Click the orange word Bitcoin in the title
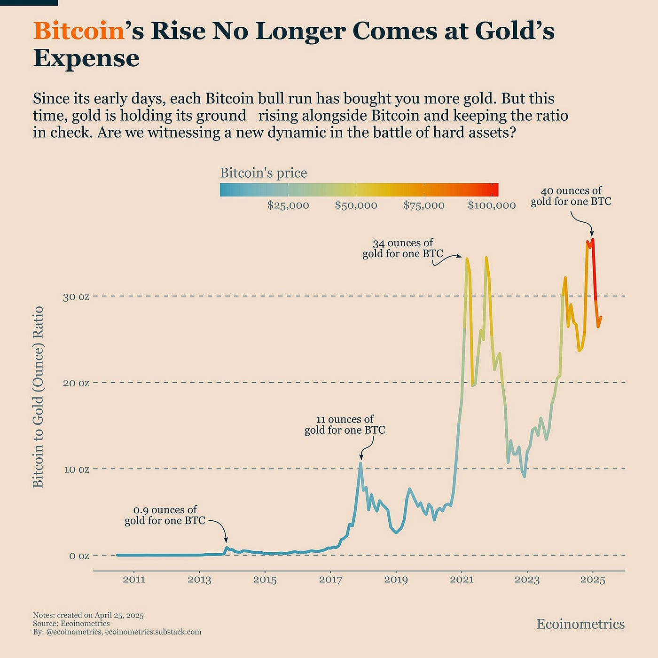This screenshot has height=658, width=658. point(78,31)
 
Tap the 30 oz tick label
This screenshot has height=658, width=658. point(76,297)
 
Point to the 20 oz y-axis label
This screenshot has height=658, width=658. point(76,383)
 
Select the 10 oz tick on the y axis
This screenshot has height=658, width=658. point(76,470)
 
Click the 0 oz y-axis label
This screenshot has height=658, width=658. point(79,556)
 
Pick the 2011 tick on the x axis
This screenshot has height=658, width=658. point(134,580)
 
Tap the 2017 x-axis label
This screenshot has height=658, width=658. point(330,580)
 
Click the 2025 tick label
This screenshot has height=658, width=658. point(593,580)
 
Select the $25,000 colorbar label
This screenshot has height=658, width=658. point(288,205)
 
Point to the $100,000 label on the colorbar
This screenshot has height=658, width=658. point(492,205)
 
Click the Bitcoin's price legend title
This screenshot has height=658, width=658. point(263,173)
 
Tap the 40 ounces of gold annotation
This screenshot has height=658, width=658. point(571,196)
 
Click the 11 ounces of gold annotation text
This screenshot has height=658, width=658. point(345,425)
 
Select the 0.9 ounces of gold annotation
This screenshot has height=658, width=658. point(165,515)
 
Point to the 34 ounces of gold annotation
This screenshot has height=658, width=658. point(403,249)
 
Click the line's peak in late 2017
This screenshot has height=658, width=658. point(360,463)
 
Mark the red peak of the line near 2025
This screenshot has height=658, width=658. point(593,240)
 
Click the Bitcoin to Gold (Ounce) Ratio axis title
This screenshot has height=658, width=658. point(38,397)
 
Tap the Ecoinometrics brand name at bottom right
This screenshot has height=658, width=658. point(580,624)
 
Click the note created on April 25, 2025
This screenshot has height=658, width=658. point(88,615)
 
